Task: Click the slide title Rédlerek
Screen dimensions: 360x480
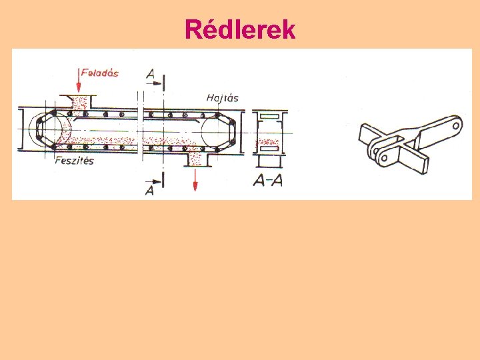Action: (x=240, y=29)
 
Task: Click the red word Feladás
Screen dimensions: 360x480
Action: (x=99, y=72)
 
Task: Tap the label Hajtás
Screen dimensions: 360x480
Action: (x=223, y=98)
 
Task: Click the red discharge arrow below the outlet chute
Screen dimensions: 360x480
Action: (x=195, y=179)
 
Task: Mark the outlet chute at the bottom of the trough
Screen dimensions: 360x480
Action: (x=196, y=159)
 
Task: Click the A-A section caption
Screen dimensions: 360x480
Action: (x=268, y=180)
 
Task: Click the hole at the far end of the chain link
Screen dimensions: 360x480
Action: (x=456, y=123)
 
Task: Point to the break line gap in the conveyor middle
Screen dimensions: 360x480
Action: (x=141, y=131)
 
